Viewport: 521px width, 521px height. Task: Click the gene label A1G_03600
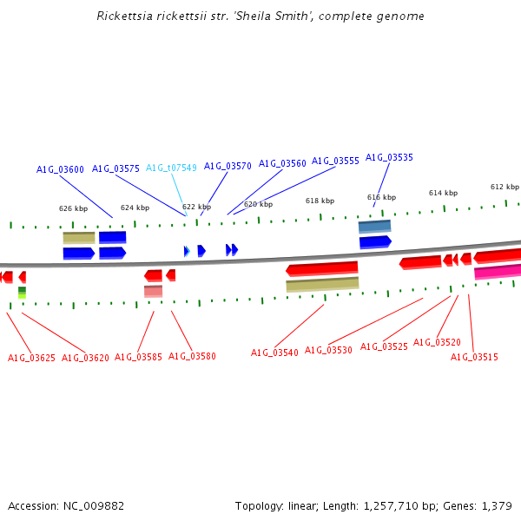(60, 169)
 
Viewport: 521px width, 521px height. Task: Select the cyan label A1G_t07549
(171, 168)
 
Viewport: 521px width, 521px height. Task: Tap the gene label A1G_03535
(389, 158)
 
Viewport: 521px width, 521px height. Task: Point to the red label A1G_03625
(31, 358)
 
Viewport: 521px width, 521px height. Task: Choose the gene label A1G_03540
(274, 353)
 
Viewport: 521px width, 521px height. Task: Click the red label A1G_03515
(474, 357)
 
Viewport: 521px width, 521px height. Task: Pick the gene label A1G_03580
(192, 356)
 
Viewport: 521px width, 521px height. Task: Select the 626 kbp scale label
(73, 208)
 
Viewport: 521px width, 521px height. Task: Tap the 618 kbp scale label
(320, 201)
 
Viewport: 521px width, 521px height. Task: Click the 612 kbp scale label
(505, 187)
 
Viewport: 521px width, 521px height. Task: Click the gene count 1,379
(497, 505)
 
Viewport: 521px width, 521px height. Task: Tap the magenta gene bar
(498, 272)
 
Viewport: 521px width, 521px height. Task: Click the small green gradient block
(22, 293)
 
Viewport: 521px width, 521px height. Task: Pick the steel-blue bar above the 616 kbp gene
(374, 227)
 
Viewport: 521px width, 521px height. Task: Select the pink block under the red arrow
(153, 291)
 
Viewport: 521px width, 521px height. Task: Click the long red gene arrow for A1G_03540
(322, 269)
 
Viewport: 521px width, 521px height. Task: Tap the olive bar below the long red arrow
(322, 284)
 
